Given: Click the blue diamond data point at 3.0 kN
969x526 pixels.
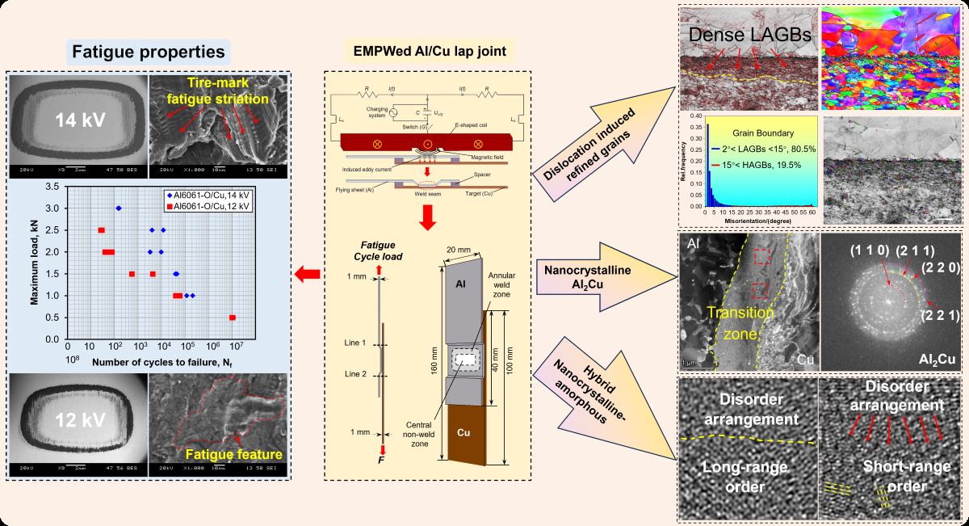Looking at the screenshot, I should click(x=119, y=208).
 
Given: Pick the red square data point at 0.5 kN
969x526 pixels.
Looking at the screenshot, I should click(x=233, y=318).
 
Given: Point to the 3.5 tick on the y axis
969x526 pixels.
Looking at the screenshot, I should click(x=56, y=187).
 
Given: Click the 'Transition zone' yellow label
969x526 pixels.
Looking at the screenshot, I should click(x=736, y=321).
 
